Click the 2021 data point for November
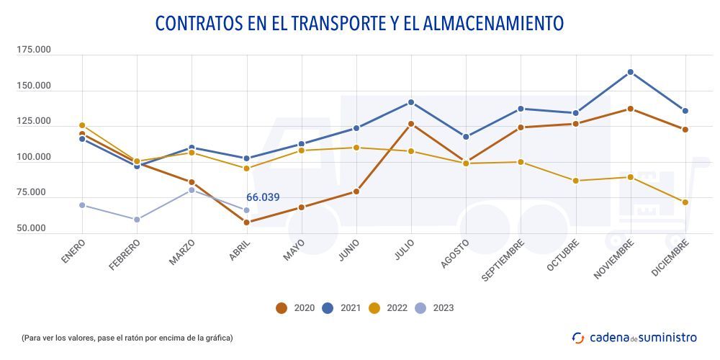click(631, 72)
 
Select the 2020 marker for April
click(246, 222)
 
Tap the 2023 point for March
click(192, 190)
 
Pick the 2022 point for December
click(685, 202)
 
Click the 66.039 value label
click(263, 197)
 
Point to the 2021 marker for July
click(411, 102)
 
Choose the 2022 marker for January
click(82, 125)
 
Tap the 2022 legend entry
click(388, 308)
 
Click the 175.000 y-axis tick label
click(34, 50)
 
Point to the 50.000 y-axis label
click(34, 228)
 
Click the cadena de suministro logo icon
click(578, 337)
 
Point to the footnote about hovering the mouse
click(127, 337)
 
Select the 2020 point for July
click(411, 124)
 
